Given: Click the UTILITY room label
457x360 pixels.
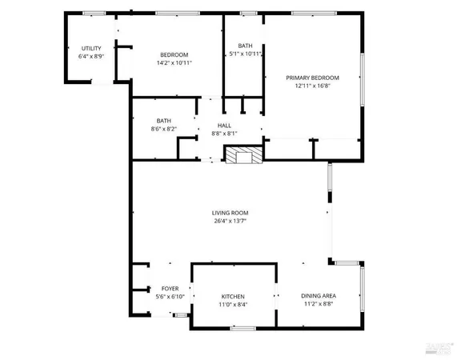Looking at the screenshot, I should (x=90, y=49).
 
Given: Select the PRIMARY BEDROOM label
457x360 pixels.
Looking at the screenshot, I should (x=313, y=78).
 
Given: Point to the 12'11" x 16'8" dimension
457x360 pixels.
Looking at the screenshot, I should (x=313, y=86).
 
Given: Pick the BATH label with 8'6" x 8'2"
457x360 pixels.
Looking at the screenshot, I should (x=164, y=120).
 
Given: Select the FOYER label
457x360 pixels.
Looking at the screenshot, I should (x=170, y=288).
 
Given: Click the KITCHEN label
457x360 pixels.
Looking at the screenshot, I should (x=233, y=296).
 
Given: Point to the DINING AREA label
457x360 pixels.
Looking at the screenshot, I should (x=318, y=296).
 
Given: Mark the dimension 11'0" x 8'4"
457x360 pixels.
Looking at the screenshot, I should (x=233, y=305).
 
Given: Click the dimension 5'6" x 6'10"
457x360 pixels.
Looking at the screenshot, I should (x=170, y=297).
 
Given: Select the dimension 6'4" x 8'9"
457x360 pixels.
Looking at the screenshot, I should (x=90, y=57).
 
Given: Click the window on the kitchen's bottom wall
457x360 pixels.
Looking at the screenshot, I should (x=243, y=327).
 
